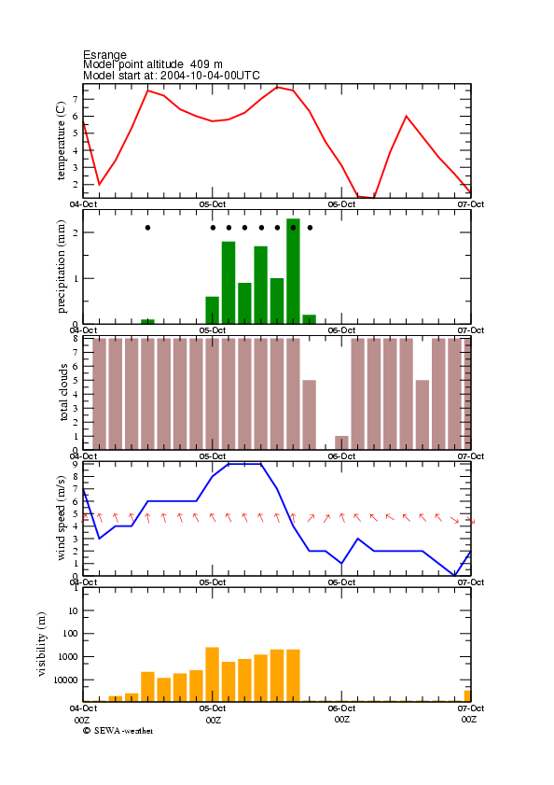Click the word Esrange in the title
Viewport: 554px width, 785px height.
104,54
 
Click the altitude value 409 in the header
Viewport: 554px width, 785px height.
200,64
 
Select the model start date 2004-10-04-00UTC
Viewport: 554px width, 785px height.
210,76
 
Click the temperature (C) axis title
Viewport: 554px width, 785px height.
61,141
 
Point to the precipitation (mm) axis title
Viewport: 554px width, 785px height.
61,267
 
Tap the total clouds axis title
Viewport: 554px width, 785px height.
63,392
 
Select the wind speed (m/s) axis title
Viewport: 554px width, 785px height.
61,518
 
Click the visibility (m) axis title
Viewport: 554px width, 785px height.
42,644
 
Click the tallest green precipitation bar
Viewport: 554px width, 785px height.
293,272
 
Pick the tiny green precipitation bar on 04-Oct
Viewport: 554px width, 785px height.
147,321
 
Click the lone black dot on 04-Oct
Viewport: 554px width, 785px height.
147,228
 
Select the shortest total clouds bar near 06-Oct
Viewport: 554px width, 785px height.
341,442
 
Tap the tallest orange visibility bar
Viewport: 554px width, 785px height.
213,674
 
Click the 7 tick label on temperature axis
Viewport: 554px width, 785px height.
76,100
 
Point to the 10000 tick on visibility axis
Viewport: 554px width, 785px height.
66,680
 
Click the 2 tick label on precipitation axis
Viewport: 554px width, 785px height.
76,232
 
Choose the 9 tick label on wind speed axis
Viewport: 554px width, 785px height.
76,465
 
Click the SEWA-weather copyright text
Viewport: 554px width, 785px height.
118,731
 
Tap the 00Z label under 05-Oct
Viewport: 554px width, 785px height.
214,720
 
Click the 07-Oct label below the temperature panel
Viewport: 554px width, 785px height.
470,204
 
